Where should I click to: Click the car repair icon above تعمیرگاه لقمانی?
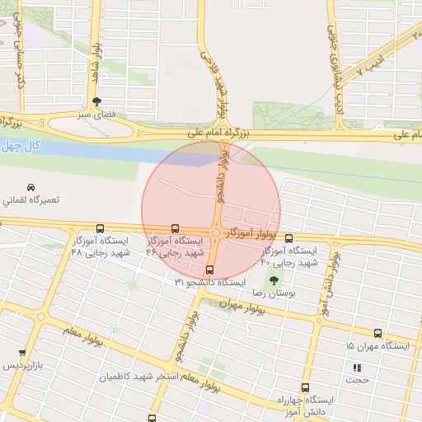click(30, 187)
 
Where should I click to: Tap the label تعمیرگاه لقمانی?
click(30, 200)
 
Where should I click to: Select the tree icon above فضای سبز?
click(98, 102)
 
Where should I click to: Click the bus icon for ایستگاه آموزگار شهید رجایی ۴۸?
click(101, 228)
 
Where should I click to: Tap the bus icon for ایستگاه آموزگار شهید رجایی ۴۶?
click(174, 228)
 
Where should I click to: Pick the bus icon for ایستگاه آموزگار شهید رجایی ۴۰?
click(287, 238)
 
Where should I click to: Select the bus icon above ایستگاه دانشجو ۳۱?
click(209, 269)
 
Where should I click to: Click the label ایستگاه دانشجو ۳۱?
click(209, 282)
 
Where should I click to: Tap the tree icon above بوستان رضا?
click(274, 281)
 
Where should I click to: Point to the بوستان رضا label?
click(272, 293)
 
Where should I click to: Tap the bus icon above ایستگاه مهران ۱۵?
click(377, 334)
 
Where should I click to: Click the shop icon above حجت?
click(357, 368)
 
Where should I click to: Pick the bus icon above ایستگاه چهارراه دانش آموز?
click(305, 387)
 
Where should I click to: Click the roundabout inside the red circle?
click(216, 234)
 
